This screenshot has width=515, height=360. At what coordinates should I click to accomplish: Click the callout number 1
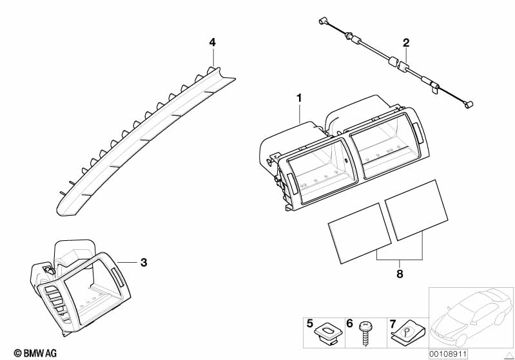299,98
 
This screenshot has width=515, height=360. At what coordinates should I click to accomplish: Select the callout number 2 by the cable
406,43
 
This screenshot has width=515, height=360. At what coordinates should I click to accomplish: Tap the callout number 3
144,263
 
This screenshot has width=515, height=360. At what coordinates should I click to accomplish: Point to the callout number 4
213,43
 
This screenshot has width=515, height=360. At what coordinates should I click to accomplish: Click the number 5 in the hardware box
310,323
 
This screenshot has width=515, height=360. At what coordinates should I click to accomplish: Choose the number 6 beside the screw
349,323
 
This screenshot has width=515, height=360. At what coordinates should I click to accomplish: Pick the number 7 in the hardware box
393,324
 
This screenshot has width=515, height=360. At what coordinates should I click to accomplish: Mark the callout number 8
400,274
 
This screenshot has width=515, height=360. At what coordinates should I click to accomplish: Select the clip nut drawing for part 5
327,332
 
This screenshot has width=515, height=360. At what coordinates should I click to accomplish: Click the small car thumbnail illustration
471,318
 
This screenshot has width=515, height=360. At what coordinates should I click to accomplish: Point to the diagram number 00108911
448,354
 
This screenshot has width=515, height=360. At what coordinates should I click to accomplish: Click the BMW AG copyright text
35,354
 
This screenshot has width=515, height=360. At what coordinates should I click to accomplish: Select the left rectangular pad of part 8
360,233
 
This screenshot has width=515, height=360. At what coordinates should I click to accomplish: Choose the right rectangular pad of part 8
416,210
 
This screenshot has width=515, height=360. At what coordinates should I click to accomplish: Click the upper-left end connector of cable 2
322,22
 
